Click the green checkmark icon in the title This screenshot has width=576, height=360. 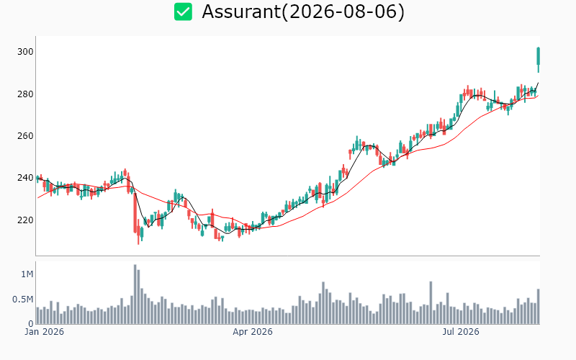coord(183,12)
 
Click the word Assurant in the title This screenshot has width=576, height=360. coord(241,12)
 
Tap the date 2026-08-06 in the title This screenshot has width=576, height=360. coord(343,12)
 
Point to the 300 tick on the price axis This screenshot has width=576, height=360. coord(25,52)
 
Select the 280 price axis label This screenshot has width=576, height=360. coord(25,94)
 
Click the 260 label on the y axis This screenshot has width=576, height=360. coord(25,136)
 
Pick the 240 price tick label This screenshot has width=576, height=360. coord(25,178)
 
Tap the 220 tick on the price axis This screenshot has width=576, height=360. coord(25,220)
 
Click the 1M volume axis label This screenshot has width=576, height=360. coord(27,274)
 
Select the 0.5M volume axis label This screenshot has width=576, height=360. coord(23,300)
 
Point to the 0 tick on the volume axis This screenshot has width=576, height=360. coord(31,323)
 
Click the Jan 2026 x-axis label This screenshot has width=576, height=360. coord(45,332)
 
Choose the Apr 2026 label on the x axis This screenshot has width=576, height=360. coord(253,332)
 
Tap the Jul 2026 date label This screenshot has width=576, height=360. coord(461,332)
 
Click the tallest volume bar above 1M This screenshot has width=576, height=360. coord(135,294)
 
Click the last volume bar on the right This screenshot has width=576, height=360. coord(539,307)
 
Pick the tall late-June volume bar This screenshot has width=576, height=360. coord(431,302)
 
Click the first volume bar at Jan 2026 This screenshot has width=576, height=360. coord(38,315)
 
